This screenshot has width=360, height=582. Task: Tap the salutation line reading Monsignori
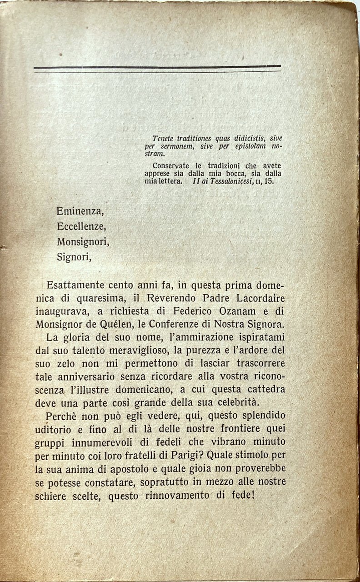(83, 241)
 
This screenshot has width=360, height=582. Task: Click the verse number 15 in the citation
(269, 181)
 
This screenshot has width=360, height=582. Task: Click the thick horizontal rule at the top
(157, 67)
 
